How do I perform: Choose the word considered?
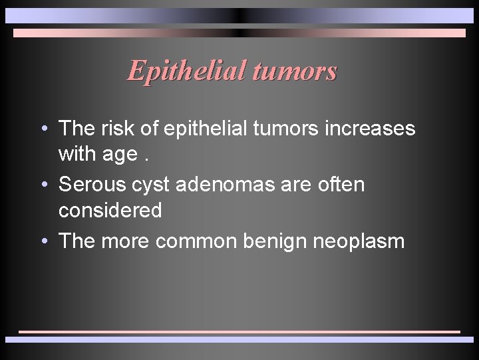click(110, 211)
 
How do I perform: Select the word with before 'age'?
click(76, 155)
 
